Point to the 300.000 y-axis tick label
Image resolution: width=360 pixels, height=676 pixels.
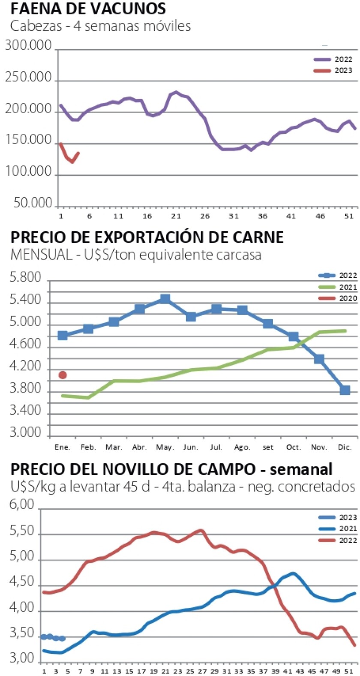(28, 45)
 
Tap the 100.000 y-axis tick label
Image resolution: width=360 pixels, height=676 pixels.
(28, 171)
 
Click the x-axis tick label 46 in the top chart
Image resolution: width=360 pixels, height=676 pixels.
(320, 216)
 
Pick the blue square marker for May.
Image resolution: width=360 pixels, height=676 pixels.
(165, 299)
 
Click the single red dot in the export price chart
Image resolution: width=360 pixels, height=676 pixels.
(63, 375)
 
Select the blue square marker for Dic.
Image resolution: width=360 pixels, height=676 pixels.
(345, 390)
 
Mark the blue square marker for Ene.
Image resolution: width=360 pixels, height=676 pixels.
(63, 335)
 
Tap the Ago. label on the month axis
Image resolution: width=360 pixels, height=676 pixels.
(242, 447)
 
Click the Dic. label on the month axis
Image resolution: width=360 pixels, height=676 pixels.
(345, 447)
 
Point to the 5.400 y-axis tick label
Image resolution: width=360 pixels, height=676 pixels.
(25, 300)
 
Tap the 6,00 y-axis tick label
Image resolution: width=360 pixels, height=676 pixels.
(21, 505)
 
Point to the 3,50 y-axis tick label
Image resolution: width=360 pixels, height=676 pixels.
(21, 633)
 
